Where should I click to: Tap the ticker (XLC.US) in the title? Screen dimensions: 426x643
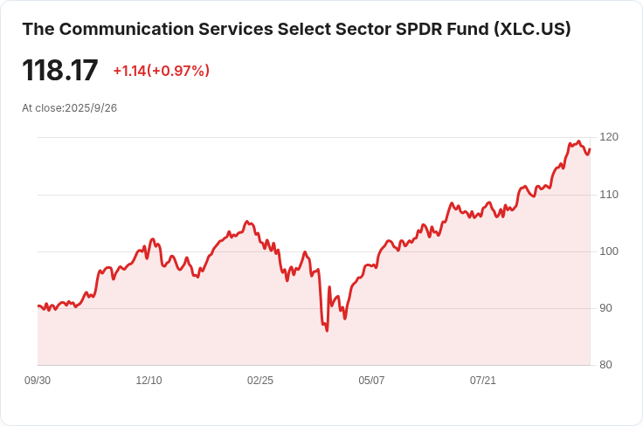532,29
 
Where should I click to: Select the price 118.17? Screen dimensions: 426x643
60,71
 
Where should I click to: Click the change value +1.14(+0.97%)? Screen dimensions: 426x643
162,71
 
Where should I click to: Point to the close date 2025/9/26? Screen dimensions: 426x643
92,108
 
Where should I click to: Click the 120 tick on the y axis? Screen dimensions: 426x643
609,137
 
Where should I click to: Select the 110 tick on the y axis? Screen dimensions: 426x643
609,194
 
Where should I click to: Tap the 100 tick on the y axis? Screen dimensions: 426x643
609,251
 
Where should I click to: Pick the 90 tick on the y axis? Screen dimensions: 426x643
609,308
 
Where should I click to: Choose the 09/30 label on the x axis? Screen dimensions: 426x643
38,381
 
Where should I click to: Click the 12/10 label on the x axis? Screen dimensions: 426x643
149,381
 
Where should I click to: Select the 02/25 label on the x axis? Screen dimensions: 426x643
260,381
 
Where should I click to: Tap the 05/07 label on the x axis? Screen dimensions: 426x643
371,381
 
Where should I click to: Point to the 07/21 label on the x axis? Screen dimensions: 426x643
483,381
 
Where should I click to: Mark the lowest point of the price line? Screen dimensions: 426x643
327,331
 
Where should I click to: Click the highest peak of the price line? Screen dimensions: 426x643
578,141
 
